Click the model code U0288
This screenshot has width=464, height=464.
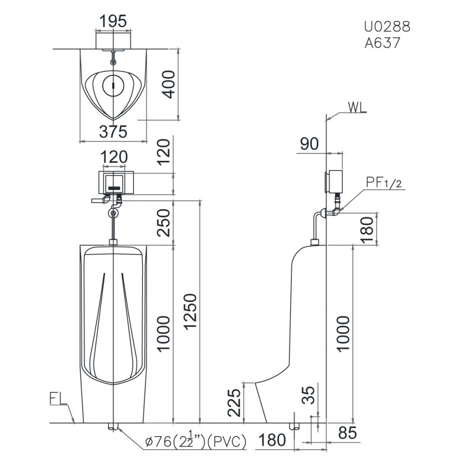click(x=387, y=26)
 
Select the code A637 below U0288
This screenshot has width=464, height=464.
click(x=382, y=43)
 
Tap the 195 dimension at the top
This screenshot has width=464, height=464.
click(x=113, y=22)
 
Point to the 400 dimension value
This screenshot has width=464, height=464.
click(x=169, y=84)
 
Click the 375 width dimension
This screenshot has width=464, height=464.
click(x=113, y=132)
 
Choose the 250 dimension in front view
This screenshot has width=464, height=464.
click(x=163, y=223)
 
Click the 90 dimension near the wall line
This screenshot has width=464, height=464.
click(x=309, y=144)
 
